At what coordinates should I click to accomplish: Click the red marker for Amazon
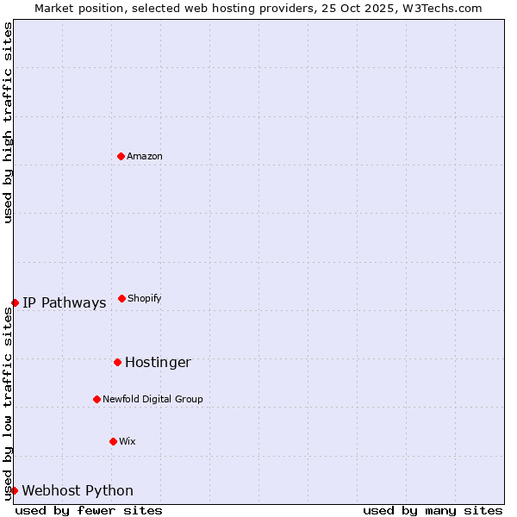121,156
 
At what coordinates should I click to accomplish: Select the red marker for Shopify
121,298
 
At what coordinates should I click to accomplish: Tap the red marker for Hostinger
117,362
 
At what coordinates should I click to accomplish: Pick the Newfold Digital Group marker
97,399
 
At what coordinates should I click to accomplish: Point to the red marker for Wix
113,441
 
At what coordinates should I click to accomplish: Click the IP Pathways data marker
15,302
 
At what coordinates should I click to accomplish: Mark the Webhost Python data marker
14,490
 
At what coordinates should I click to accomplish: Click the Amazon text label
145,156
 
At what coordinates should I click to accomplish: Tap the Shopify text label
145,298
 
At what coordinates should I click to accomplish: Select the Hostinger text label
158,362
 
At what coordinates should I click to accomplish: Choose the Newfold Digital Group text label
153,399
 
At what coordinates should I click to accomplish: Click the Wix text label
128,441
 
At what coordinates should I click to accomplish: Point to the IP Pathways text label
65,302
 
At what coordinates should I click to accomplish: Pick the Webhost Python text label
78,490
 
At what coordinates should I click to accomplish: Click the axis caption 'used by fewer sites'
89,510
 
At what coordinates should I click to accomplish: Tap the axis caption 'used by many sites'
433,510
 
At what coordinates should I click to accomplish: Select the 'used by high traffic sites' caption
8,122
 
